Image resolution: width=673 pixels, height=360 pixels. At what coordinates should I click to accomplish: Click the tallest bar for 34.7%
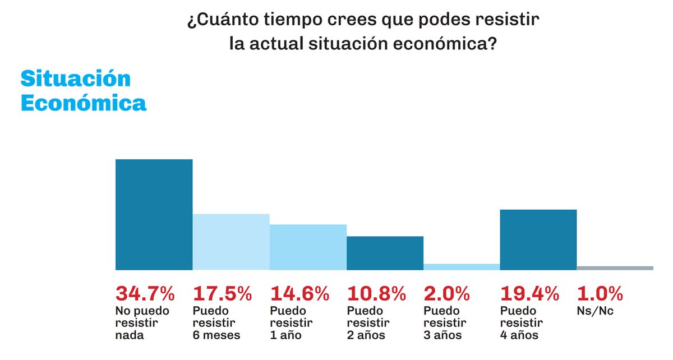pos(154,215)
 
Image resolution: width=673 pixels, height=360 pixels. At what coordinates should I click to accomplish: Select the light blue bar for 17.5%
pos(231,242)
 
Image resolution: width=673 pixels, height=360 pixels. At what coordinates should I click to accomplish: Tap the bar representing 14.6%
pos(308,247)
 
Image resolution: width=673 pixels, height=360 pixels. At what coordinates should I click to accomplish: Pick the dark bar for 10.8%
pos(385,253)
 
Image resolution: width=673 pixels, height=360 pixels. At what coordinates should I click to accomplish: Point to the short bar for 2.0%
pos(462,267)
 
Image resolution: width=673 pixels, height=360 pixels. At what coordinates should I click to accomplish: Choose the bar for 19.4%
pos(538,239)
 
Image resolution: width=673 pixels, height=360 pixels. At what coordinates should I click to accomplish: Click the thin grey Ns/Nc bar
pos(615,268)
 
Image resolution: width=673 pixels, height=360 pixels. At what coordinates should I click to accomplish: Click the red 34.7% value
pos(145,293)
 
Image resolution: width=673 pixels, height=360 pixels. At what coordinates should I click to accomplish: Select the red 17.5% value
pos(223,293)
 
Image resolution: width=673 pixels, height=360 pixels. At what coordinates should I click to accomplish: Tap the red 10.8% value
pos(376,293)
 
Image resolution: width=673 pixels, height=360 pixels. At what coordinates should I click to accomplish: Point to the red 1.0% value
pos(600,293)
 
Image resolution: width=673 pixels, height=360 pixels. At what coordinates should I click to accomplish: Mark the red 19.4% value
pos(529,293)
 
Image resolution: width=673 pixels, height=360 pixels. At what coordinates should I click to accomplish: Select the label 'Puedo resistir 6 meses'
pos(216,323)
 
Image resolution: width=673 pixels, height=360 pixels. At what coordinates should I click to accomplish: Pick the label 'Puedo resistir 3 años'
pos(444,323)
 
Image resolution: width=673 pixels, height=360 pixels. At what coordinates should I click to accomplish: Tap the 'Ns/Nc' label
pos(595,311)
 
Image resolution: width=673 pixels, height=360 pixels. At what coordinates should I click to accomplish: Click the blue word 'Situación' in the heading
pos(76,79)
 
